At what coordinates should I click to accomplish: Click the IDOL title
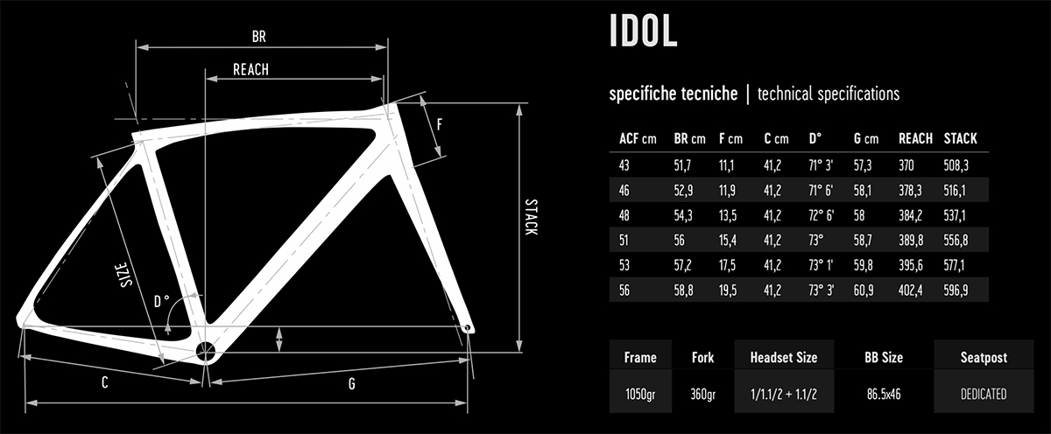pos(643,31)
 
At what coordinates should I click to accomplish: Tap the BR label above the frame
pos(259,37)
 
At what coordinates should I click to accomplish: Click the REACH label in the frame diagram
pos(251,70)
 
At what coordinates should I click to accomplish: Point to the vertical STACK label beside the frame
pos(531,217)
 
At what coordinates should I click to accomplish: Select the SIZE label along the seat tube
pos(124,275)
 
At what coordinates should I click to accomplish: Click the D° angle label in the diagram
pos(161,301)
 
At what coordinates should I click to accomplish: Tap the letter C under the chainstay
pos(104,383)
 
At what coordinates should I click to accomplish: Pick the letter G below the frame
pos(352,384)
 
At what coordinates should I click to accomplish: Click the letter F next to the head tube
pos(439,124)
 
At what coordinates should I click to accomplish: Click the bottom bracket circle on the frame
pos(205,352)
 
